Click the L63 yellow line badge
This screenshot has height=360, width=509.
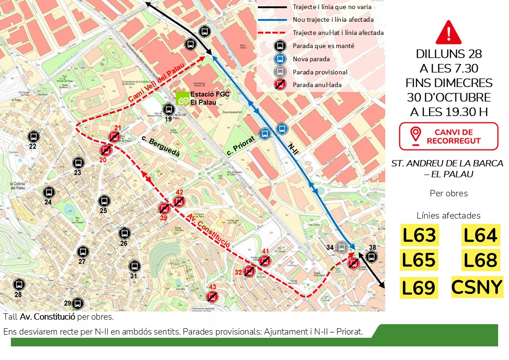(418, 235)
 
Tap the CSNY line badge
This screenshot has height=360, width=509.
(477, 287)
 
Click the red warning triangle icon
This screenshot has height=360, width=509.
(448, 33)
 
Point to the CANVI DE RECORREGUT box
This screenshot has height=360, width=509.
(448, 136)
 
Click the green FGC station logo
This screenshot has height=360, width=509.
(183, 98)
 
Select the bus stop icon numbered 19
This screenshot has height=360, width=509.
(169, 109)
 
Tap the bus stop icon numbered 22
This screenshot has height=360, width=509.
(33, 136)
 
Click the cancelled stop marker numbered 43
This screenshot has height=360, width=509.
(212, 297)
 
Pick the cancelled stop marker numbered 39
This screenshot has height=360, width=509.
(164, 209)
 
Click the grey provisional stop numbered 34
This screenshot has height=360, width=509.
(342, 248)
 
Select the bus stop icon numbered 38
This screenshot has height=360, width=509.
(371, 257)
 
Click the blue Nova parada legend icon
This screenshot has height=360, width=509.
(280, 59)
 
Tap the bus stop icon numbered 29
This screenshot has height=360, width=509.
(78, 303)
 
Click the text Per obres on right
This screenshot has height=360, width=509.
(448, 194)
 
